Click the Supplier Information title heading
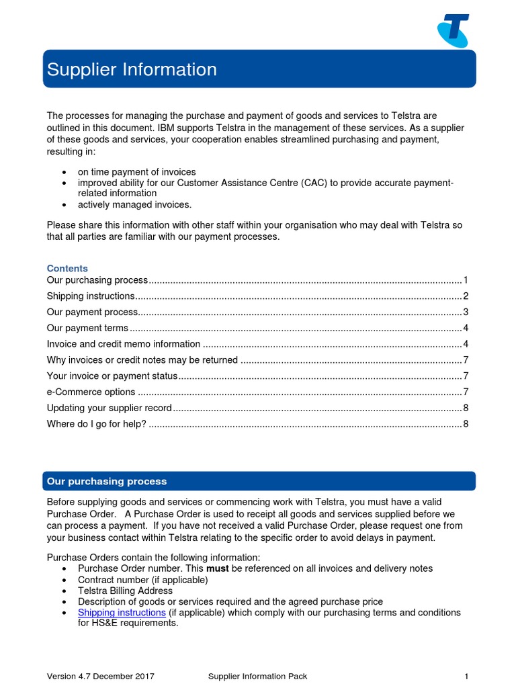(x=132, y=69)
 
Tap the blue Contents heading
(x=67, y=268)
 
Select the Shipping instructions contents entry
(x=91, y=296)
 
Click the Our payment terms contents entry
(x=87, y=328)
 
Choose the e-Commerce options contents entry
(x=91, y=392)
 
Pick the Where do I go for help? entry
(x=96, y=424)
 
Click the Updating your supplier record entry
(x=110, y=408)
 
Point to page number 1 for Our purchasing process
(x=465, y=280)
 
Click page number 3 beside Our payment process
(x=465, y=312)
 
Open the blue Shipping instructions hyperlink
(x=122, y=613)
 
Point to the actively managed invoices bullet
(x=134, y=205)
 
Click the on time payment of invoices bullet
(x=136, y=172)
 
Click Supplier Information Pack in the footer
(x=257, y=676)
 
